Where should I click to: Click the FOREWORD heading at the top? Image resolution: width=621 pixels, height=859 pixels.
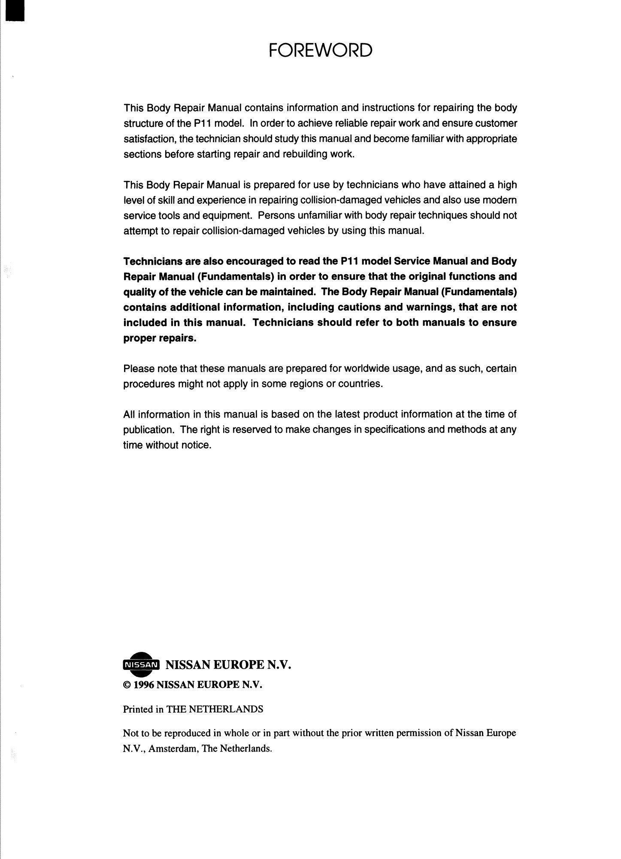point(320,51)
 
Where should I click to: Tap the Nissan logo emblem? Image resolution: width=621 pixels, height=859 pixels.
point(141,665)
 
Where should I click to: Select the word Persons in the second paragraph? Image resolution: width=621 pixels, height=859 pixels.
point(275,215)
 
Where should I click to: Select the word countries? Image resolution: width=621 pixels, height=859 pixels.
point(360,384)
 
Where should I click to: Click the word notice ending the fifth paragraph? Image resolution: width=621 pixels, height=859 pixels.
point(196,445)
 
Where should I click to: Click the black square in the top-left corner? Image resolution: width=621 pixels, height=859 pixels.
point(6,11)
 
